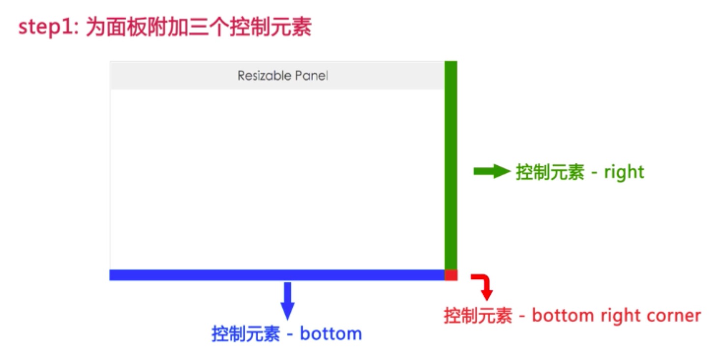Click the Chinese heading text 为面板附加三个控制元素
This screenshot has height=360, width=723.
coord(199,27)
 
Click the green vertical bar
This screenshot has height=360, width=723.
coord(451,165)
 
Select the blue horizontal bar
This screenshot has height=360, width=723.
coord(277,275)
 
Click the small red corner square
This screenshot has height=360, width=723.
coord(451,275)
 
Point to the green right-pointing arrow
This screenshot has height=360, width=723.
coord(492,172)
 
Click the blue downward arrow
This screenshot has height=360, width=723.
coord(288,301)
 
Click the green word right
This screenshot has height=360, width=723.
coord(624,172)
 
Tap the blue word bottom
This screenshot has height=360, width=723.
coord(331,333)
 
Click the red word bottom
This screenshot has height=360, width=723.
coord(563,315)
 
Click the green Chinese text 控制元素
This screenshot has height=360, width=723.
coord(550,172)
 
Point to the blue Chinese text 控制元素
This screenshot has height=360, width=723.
coord(245,333)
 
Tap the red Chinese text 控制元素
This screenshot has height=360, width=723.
coord(478,315)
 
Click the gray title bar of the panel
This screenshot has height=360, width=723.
coord(277,75)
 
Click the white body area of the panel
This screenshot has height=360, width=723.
coord(277,180)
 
